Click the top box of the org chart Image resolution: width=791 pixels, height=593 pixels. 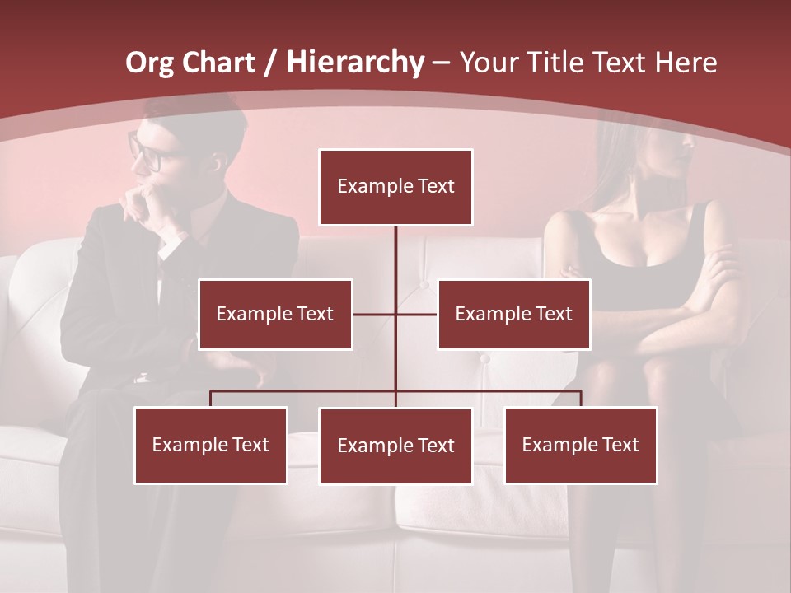[x=395, y=187]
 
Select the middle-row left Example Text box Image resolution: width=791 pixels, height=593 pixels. [x=275, y=314]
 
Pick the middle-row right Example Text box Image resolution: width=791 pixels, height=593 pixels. [x=513, y=314]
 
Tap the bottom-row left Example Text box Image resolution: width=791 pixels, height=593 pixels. [x=211, y=445]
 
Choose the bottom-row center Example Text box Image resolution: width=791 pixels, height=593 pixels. [x=395, y=446]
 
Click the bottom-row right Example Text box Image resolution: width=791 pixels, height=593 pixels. [x=580, y=445]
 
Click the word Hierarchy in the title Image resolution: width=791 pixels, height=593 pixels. [x=355, y=63]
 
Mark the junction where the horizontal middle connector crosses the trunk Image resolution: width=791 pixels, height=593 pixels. [x=395, y=314]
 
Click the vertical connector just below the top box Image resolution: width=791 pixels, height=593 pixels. [x=395, y=247]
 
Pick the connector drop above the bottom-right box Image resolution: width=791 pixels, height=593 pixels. [x=580, y=399]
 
